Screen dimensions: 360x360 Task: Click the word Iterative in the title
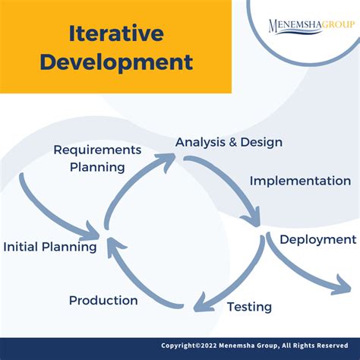point(115,33)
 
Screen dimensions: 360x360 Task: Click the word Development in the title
point(115,61)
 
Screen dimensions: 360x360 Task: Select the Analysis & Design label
point(229,142)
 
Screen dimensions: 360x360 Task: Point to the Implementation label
point(300,181)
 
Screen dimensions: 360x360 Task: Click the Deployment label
point(317,239)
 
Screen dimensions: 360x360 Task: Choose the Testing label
point(249,307)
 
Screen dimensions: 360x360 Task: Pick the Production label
point(103,300)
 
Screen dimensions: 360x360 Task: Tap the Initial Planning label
point(50,247)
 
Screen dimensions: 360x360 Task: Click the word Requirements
point(97,150)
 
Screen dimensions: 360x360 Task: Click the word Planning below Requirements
point(97,166)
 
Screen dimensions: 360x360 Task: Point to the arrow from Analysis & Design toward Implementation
point(228,182)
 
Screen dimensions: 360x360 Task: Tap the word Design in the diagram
point(262,142)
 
